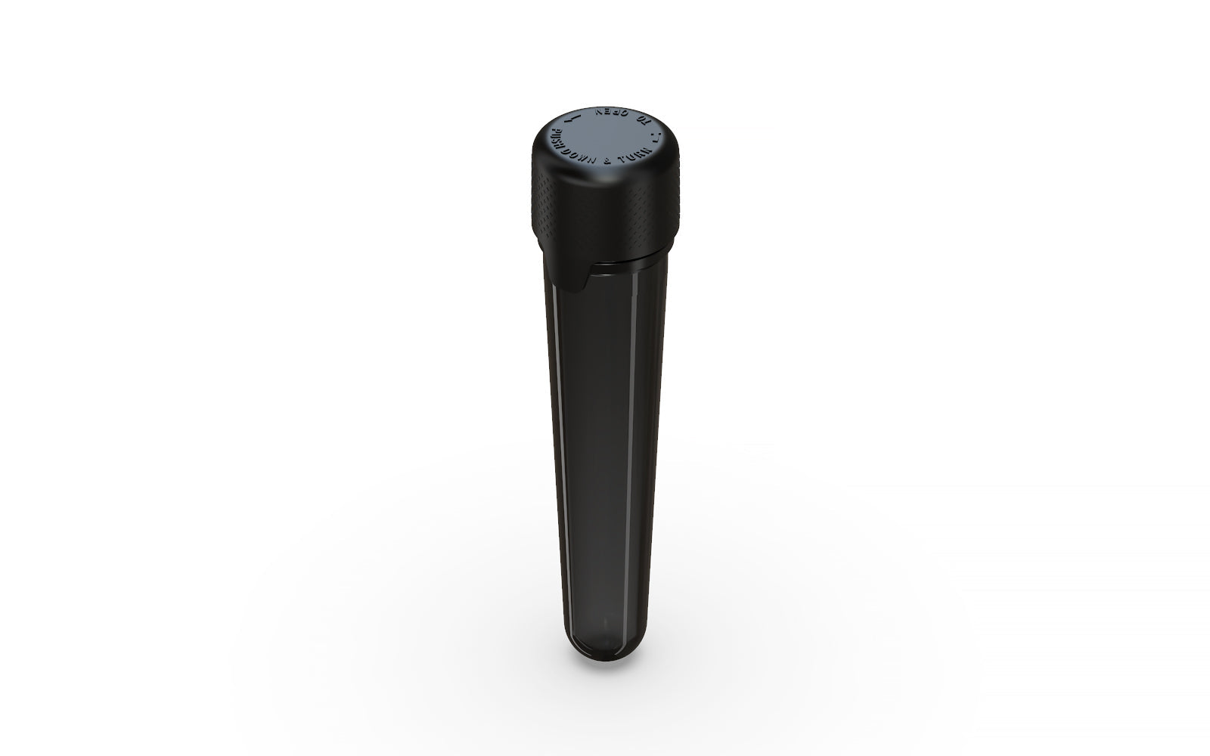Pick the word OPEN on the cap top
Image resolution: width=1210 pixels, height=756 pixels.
coord(611,112)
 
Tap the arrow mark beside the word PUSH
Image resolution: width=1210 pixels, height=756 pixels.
coord(572,119)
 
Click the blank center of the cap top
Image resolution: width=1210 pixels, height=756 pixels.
coord(605,138)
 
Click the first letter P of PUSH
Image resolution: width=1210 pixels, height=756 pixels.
coord(554,132)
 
